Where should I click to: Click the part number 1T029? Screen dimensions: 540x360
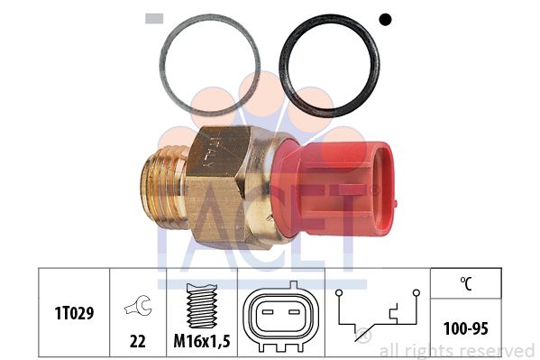[74, 313]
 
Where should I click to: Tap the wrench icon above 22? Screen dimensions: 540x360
[138, 306]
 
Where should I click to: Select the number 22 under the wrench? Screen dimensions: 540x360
[138, 341]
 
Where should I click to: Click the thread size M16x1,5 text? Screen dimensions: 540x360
[201, 341]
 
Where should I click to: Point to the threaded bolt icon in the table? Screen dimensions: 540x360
[202, 306]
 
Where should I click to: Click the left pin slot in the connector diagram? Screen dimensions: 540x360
[268, 312]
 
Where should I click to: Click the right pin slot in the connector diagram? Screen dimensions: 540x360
[295, 312]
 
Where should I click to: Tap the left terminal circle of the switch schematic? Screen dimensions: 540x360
[339, 292]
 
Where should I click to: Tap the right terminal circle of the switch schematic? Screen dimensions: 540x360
[416, 292]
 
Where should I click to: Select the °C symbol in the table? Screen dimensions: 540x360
[466, 283]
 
